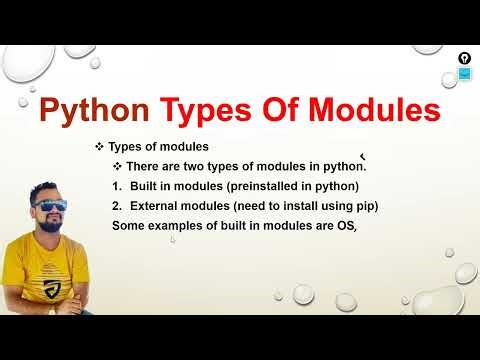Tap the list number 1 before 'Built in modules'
point(117,186)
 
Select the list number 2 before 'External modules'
point(117,206)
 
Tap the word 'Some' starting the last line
point(129,226)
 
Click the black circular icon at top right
point(464,58)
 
